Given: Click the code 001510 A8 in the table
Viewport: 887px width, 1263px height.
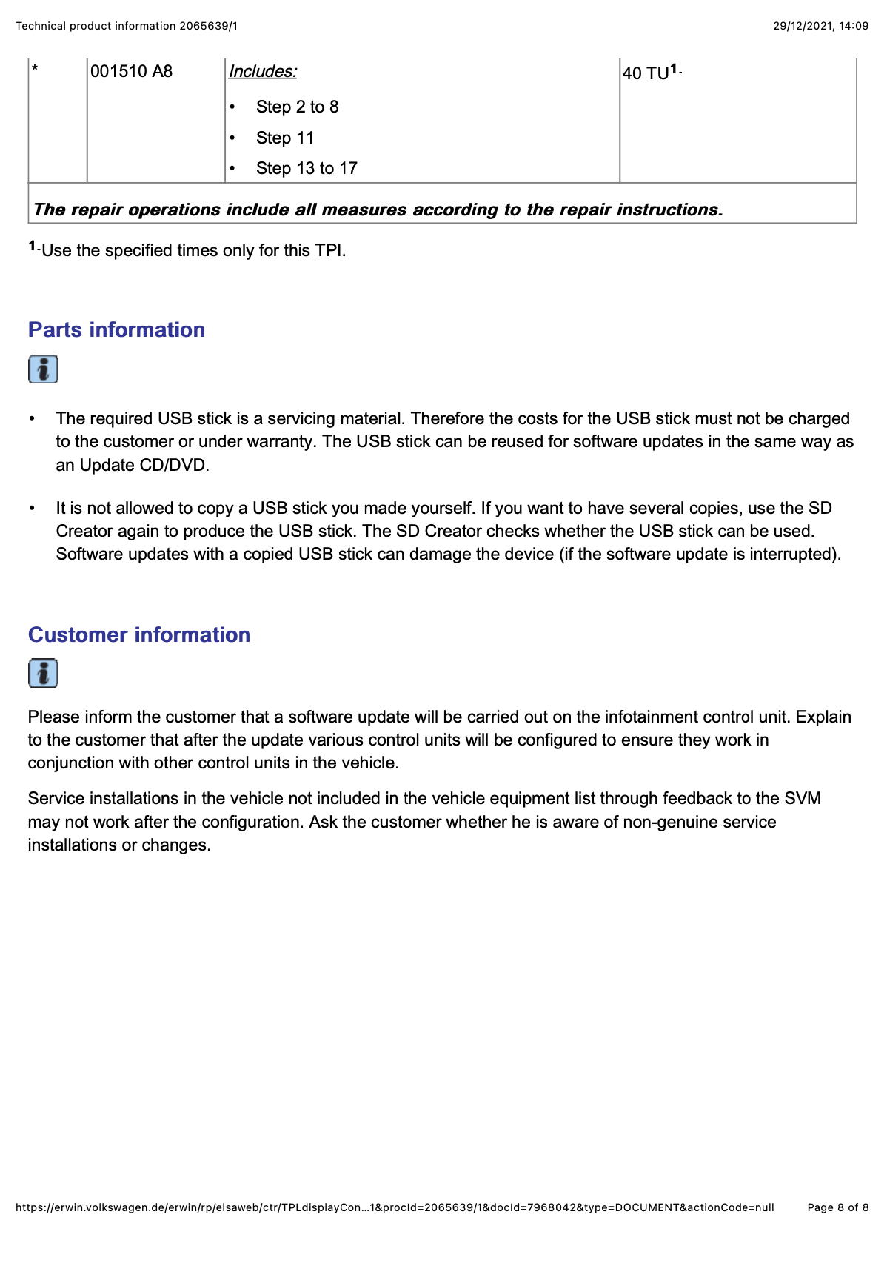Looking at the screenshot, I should tap(131, 72).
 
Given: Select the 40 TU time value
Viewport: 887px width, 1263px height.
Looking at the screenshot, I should tap(646, 73).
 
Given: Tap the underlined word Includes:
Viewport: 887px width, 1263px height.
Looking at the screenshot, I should tap(262, 72).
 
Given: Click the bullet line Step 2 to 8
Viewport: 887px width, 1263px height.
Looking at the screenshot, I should tap(297, 107).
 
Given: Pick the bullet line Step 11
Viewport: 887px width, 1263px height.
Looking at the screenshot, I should tap(285, 138).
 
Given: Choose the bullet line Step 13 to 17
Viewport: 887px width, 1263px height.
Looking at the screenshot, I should tap(307, 169).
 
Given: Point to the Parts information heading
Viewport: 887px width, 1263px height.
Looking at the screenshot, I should tap(116, 330).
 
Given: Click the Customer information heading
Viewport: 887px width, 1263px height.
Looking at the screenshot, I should tap(139, 635).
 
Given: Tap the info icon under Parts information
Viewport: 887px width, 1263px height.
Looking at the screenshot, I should tap(43, 369).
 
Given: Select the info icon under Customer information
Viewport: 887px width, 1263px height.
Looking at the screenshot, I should tap(43, 674).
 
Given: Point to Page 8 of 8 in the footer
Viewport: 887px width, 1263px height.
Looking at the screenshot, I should tap(837, 1207).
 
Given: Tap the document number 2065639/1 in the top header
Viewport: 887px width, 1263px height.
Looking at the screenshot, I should tap(208, 26).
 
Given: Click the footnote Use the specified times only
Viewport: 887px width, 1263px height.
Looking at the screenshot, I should tap(193, 251).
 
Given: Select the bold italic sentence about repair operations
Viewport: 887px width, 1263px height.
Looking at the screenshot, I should tap(378, 210).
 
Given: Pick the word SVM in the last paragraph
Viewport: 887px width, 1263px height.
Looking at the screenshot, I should tap(803, 799).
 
